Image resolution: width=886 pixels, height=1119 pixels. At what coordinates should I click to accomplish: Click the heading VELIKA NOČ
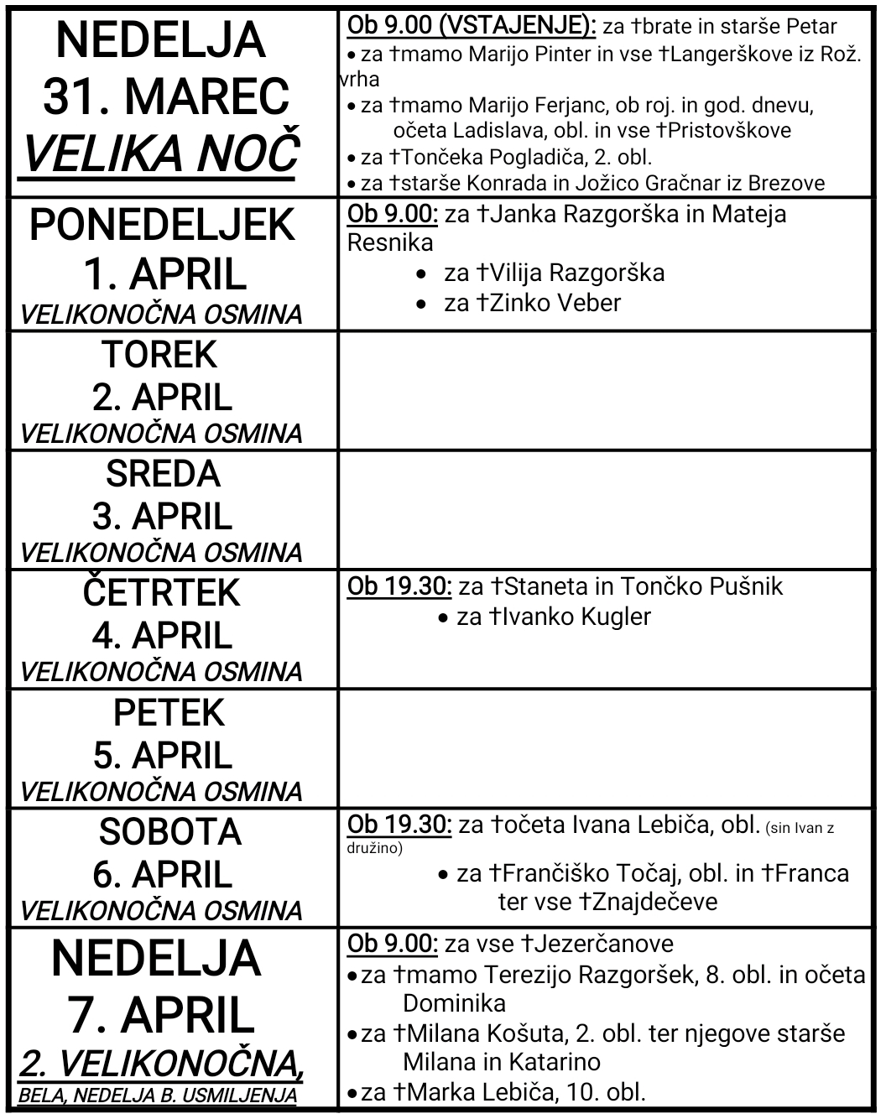click(159, 154)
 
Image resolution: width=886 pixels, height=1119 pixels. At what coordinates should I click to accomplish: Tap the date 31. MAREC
click(165, 96)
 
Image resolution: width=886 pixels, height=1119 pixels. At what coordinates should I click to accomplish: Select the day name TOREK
click(160, 354)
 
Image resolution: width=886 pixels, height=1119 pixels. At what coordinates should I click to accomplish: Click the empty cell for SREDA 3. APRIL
click(604, 510)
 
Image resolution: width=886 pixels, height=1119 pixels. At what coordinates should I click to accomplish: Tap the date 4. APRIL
click(162, 635)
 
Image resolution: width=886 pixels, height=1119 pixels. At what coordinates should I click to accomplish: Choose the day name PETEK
click(169, 712)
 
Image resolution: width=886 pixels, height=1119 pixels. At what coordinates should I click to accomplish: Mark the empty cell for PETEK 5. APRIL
click(604, 749)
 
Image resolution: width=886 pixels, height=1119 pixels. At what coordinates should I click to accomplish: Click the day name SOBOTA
click(169, 831)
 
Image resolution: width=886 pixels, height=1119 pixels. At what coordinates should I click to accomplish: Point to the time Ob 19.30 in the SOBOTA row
click(399, 825)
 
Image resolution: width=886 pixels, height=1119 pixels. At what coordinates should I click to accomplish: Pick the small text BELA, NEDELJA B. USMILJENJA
click(158, 1096)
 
